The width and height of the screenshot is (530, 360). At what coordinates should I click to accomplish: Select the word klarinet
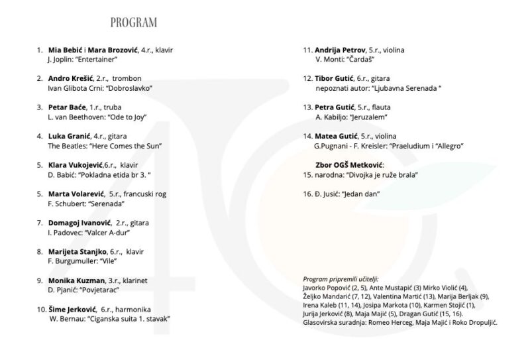click(134, 280)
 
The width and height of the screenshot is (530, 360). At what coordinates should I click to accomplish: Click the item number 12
click(307, 78)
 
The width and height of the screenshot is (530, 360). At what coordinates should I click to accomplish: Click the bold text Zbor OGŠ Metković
click(349, 164)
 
